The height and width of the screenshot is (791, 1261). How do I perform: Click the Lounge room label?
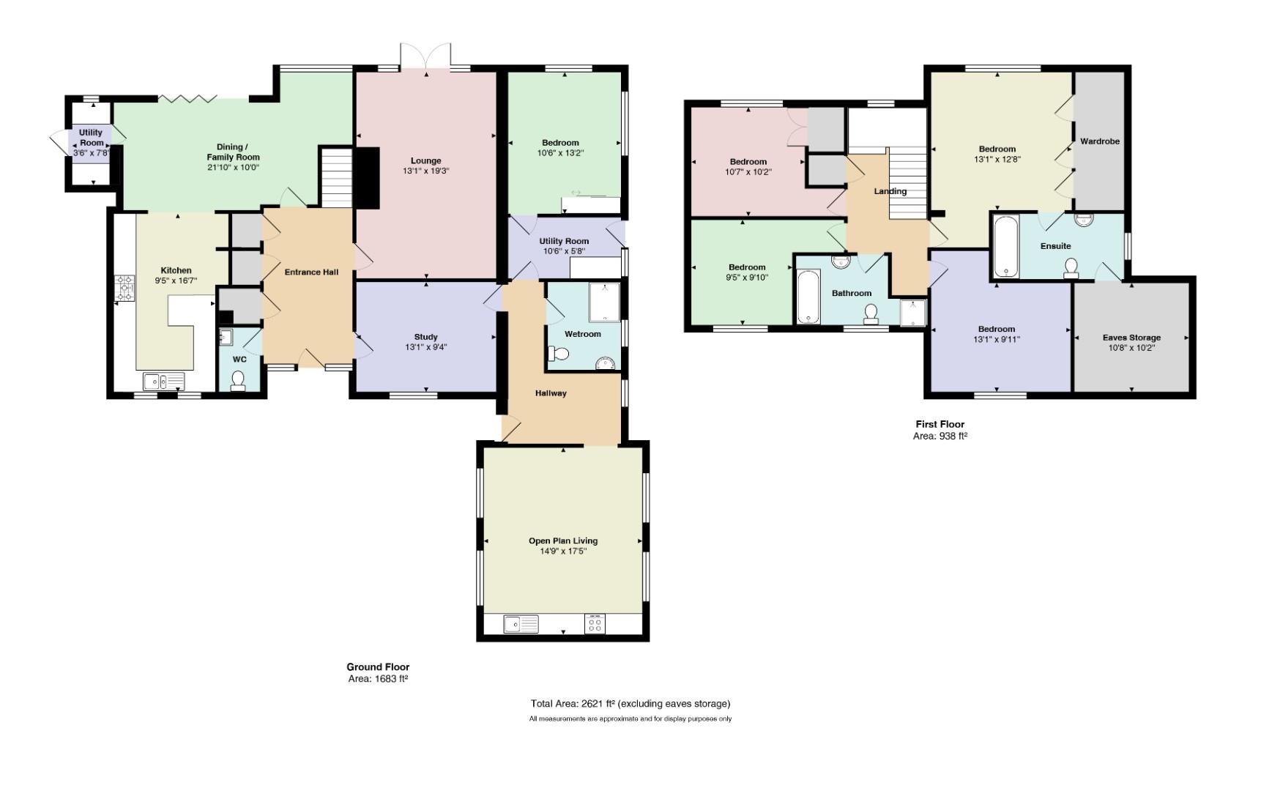coord(425,161)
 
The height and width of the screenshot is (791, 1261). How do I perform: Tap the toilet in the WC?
coord(238,381)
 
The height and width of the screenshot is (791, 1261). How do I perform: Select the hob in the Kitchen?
coord(125,288)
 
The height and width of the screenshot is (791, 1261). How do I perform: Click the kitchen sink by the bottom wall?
coord(164,382)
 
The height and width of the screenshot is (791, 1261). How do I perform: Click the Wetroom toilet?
coord(558,354)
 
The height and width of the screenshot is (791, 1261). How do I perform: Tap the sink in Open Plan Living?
coord(521,624)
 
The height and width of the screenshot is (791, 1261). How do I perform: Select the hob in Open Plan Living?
coord(595,623)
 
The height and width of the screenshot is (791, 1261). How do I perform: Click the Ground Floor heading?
coord(378,666)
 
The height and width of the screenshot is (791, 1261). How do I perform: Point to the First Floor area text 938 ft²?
coord(940,436)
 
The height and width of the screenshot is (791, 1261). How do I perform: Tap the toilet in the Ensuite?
coord(1071,269)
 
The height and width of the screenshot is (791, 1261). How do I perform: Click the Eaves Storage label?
coord(1131,338)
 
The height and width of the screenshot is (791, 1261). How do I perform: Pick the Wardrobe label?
coord(1100,141)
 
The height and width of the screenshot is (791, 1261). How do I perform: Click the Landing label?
coord(890,192)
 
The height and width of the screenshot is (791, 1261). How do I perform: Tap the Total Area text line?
coord(630,704)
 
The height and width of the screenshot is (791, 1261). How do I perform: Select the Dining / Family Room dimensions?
coord(233,168)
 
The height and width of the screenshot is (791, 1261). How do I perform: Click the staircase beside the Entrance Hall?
coord(337,177)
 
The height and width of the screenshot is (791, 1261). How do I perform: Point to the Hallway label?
coord(551,393)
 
